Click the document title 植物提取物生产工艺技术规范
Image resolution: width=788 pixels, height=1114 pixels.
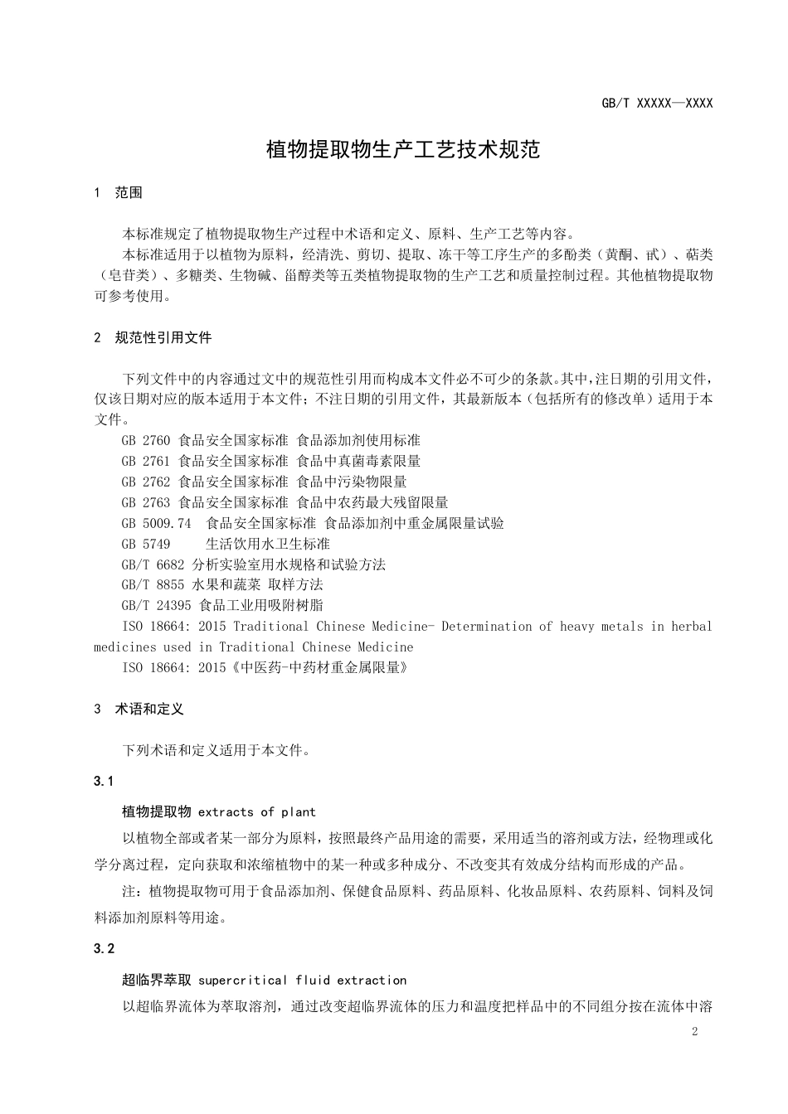(x=402, y=149)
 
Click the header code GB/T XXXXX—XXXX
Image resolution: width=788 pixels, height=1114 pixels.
(x=657, y=104)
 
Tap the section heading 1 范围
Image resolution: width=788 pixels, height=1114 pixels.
(x=119, y=193)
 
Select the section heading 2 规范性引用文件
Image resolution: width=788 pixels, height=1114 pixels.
(x=153, y=337)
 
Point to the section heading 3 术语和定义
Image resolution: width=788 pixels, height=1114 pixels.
(x=139, y=710)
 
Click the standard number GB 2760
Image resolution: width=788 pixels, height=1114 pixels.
(x=145, y=440)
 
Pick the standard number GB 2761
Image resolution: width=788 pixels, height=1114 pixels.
(x=145, y=461)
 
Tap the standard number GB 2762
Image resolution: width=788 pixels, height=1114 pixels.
(x=145, y=482)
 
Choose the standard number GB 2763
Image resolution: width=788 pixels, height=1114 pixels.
(x=145, y=502)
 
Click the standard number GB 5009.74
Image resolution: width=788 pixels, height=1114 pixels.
(x=156, y=523)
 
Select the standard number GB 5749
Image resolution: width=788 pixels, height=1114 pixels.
(x=145, y=544)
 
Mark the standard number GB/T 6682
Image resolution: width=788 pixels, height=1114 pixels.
(x=153, y=564)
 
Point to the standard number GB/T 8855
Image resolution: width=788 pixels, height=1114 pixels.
(x=153, y=585)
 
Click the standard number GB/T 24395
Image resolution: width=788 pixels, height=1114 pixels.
(x=156, y=606)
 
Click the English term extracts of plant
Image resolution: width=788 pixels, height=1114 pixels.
(x=257, y=812)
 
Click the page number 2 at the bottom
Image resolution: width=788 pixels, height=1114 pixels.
(x=694, y=1032)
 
